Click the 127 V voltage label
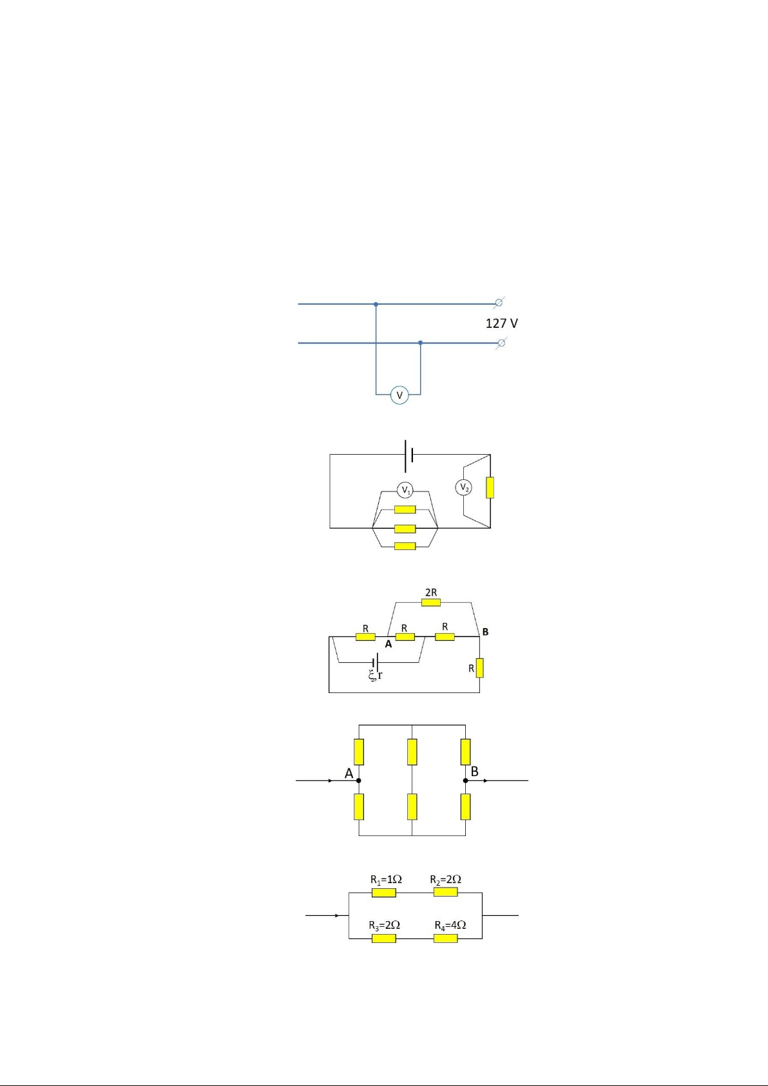(x=501, y=323)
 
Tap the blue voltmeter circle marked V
(x=399, y=395)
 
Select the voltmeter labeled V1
(x=405, y=490)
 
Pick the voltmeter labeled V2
(x=463, y=487)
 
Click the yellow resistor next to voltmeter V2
(x=490, y=487)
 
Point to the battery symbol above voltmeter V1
(x=408, y=456)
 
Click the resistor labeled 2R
(x=431, y=602)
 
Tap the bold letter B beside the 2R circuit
(x=485, y=632)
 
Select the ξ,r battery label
(x=375, y=675)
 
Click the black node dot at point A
(x=359, y=781)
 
